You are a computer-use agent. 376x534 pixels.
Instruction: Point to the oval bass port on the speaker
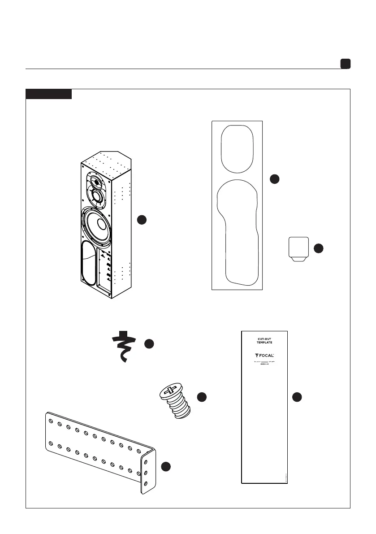pos(88,264)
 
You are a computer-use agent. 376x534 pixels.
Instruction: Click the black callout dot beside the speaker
pos(142,220)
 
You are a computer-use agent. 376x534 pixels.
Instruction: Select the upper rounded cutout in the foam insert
pos(238,149)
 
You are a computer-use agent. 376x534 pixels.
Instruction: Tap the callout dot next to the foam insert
pos(275,179)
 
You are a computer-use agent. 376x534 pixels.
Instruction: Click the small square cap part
pos(298,247)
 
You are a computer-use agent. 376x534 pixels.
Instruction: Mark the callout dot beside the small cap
pos(318,248)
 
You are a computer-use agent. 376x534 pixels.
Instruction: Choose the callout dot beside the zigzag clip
pos(149,344)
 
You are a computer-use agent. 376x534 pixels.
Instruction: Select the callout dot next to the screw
pos(202,396)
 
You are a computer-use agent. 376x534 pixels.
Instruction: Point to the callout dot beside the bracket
pos(166,466)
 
